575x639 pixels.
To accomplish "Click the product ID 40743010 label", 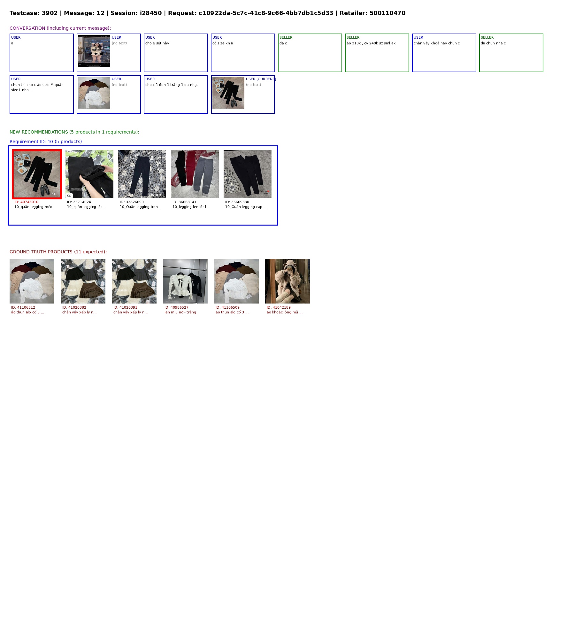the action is tap(26, 202).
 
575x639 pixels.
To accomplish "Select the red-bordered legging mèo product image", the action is tap(37, 174).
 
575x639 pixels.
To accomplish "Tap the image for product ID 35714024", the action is tap(89, 174).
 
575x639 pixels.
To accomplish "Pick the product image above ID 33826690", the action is tap(142, 174).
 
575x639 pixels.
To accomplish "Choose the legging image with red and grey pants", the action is tap(195, 174).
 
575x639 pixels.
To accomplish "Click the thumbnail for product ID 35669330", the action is tap(248, 174).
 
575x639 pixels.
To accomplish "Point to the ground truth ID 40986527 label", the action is tap(176, 307).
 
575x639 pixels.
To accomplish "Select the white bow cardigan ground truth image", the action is tap(185, 281).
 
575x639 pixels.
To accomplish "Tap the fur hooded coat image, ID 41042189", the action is tap(287, 281).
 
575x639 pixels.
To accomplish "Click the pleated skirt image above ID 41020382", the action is tap(83, 281).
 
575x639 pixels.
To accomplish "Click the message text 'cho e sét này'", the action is tap(157, 43).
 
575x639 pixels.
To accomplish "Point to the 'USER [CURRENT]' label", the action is tap(261, 79).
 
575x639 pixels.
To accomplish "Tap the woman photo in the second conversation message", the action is tap(94, 51).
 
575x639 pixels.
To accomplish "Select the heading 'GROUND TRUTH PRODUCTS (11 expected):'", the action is tap(58, 252).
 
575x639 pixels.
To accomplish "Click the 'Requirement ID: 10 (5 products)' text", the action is tap(46, 142).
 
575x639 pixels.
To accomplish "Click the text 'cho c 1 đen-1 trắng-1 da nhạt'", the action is tap(172, 85).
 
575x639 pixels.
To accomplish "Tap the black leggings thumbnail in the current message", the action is tap(228, 93).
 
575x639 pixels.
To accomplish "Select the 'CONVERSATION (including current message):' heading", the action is tap(60, 28).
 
